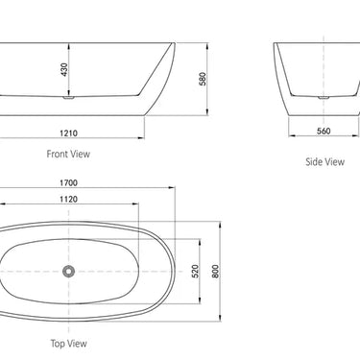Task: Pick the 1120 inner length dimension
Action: pos(66,200)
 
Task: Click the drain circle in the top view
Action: pos(69,272)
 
